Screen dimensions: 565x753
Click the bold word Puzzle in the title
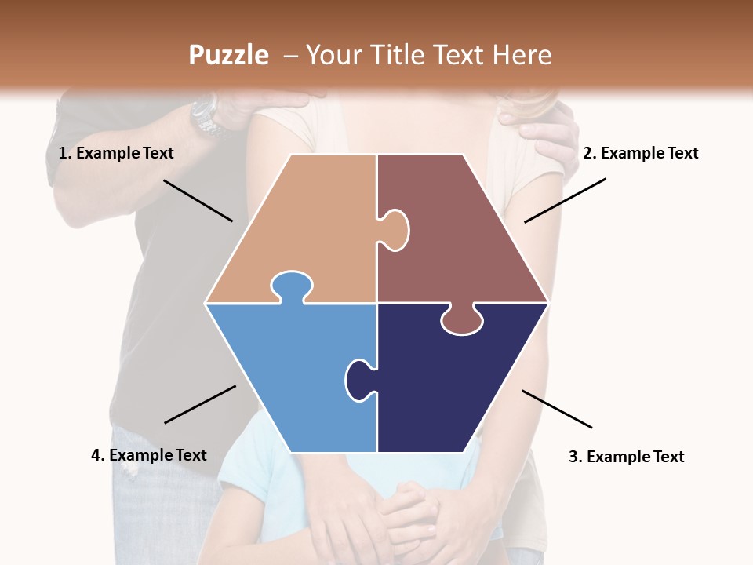pyautogui.click(x=228, y=55)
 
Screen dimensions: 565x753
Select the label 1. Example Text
pyautogui.click(x=116, y=153)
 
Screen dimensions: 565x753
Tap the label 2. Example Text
pyautogui.click(x=640, y=153)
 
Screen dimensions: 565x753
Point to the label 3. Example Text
pyautogui.click(x=626, y=457)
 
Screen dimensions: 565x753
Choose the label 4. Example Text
pyautogui.click(x=148, y=455)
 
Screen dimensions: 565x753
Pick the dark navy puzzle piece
pyautogui.click(x=455, y=385)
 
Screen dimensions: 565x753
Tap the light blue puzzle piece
pyautogui.click(x=290, y=377)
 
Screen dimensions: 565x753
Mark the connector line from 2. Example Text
pyautogui.click(x=565, y=200)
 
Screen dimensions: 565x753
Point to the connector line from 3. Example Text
pyautogui.click(x=557, y=409)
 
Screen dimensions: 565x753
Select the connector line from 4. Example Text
pyautogui.click(x=200, y=404)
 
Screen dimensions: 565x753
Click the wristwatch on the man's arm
pyautogui.click(x=206, y=116)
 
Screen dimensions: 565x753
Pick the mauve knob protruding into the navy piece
pyautogui.click(x=462, y=319)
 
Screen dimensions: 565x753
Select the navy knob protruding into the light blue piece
pyautogui.click(x=358, y=380)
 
